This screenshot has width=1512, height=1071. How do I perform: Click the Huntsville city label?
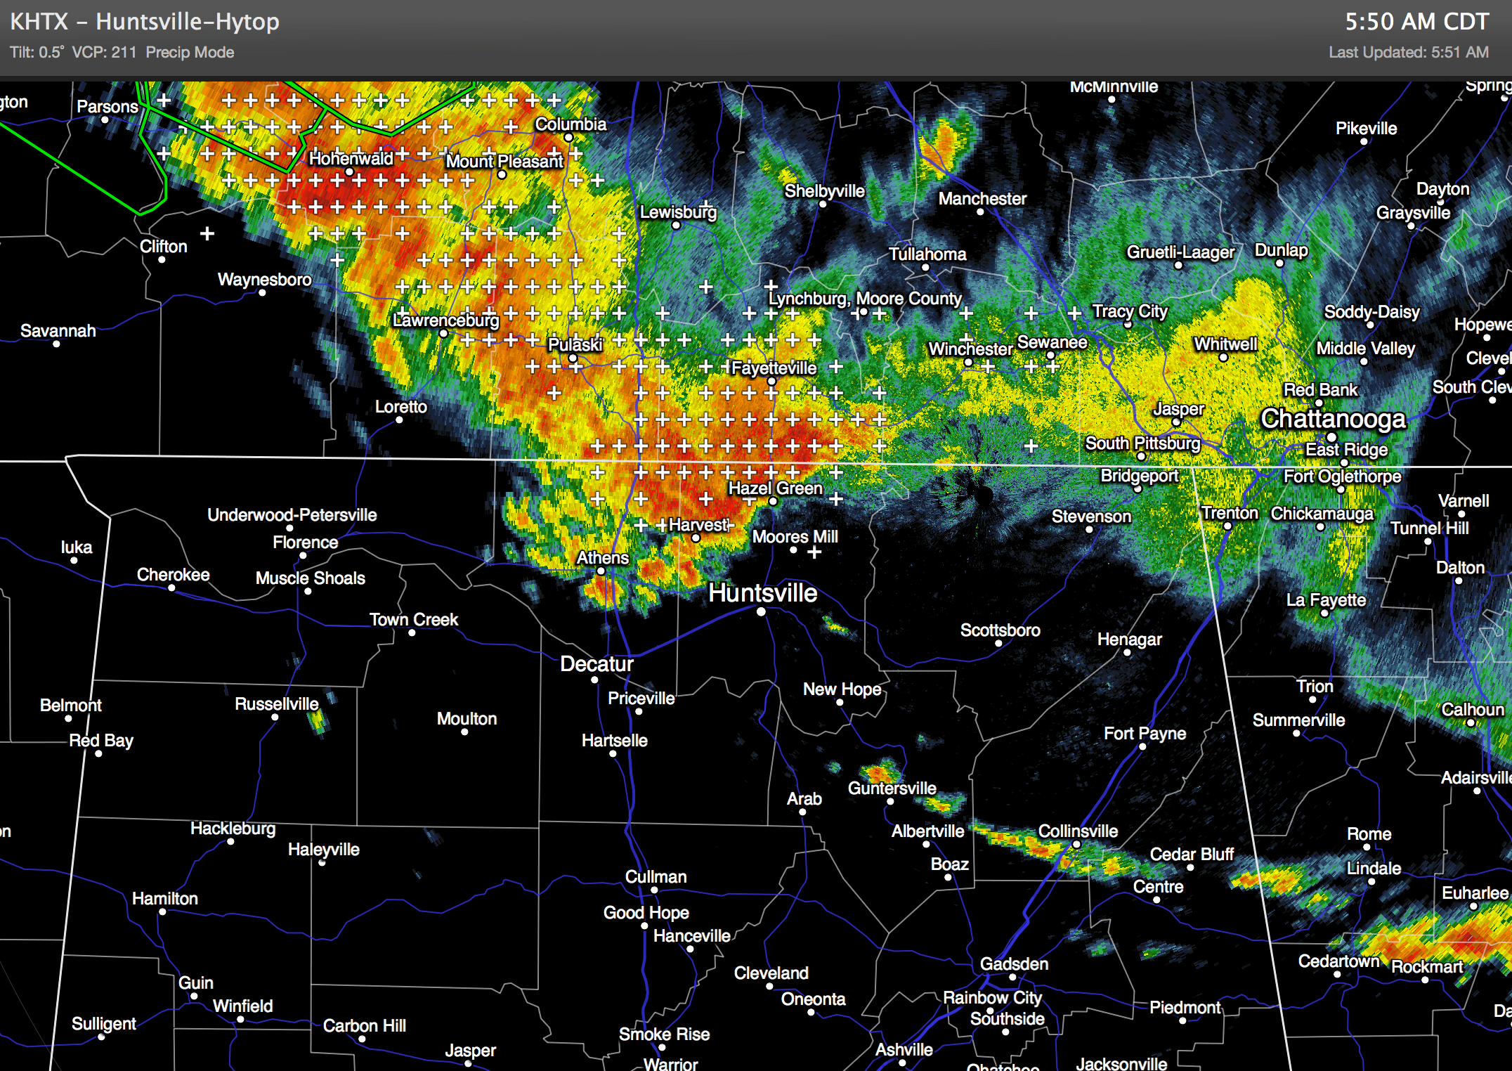pyautogui.click(x=762, y=593)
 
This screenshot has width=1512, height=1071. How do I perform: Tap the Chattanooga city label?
pyautogui.click(x=1333, y=419)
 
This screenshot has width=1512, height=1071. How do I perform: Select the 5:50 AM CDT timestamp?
pyautogui.click(x=1416, y=22)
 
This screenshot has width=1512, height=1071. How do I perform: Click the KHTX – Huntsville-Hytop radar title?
pyautogui.click(x=145, y=22)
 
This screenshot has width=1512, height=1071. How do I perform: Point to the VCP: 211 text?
pyautogui.click(x=104, y=53)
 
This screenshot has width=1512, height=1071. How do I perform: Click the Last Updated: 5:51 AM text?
pyautogui.click(x=1408, y=53)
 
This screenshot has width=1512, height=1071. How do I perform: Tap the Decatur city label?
pyautogui.click(x=597, y=664)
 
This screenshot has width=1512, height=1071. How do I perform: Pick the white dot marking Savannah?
pyautogui.click(x=57, y=344)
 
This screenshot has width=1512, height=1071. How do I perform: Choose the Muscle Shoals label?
pyautogui.click(x=310, y=578)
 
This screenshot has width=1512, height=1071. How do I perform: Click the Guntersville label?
pyautogui.click(x=892, y=788)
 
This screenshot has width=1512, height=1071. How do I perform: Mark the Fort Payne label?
pyautogui.click(x=1145, y=734)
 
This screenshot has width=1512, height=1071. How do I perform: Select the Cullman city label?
pyautogui.click(x=656, y=877)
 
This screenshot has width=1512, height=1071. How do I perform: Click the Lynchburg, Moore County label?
pyautogui.click(x=864, y=299)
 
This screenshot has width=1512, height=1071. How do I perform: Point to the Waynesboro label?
pyautogui.click(x=264, y=280)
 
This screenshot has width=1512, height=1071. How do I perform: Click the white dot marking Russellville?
pyautogui.click(x=275, y=718)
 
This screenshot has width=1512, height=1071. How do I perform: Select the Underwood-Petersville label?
pyautogui.click(x=292, y=515)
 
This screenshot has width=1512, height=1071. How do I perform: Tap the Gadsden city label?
pyautogui.click(x=1014, y=964)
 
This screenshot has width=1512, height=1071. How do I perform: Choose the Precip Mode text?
pyautogui.click(x=190, y=53)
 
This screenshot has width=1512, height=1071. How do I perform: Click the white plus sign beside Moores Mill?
pyautogui.click(x=814, y=553)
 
